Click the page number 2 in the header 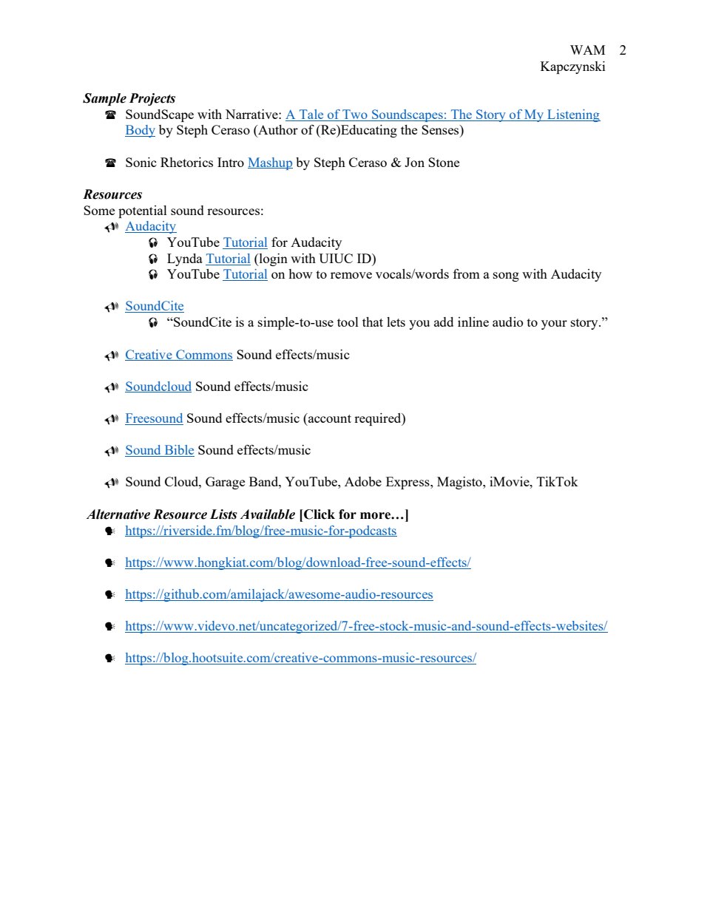click(x=623, y=50)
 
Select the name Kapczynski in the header click(x=572, y=67)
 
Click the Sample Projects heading click(x=129, y=98)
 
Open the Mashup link click(x=270, y=163)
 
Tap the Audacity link click(x=150, y=226)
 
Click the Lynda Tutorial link click(x=228, y=259)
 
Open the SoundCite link click(x=154, y=306)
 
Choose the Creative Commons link click(x=178, y=355)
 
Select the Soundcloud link click(x=158, y=387)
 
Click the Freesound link click(x=153, y=418)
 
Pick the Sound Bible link click(x=159, y=450)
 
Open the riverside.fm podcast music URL click(x=260, y=531)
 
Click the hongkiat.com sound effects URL click(x=297, y=562)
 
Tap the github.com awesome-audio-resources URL click(x=279, y=594)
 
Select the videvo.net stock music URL click(x=366, y=626)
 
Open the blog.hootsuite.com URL click(x=300, y=658)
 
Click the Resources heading click(x=112, y=194)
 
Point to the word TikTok click(x=557, y=482)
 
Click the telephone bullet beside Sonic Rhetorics click(x=111, y=163)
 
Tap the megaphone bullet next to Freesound click(x=111, y=419)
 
